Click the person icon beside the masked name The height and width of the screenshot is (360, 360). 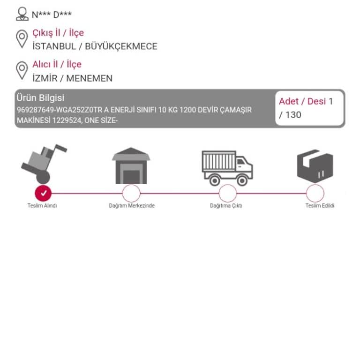pos(22,14)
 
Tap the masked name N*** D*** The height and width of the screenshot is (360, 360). pos(52,15)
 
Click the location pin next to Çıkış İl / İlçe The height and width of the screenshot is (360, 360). pos(22,39)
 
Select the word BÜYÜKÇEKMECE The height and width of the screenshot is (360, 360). pos(121,46)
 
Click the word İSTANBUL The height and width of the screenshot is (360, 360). pos(54,46)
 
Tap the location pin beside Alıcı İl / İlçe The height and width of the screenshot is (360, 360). pos(22,71)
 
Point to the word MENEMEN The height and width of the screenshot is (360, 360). pos(90,78)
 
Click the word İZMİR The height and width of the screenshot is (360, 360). pos(45,78)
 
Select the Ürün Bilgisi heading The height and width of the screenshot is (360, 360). pos(40,98)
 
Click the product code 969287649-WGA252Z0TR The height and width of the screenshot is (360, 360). pos(60,110)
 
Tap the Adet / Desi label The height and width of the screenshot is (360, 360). pos(302,101)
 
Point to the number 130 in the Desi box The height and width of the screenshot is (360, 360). pos(293,115)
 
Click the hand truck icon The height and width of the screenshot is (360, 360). pos(44,164)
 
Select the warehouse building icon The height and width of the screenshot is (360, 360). pos(131,165)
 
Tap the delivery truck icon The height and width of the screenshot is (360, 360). pos(227,168)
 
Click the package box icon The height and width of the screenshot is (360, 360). pos(315,166)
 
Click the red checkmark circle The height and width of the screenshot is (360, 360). pos(43,193)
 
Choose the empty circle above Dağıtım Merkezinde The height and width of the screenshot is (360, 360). pos(131,193)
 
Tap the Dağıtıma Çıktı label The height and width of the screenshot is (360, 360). pos(226,206)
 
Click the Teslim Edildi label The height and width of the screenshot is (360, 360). pos(320,205)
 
